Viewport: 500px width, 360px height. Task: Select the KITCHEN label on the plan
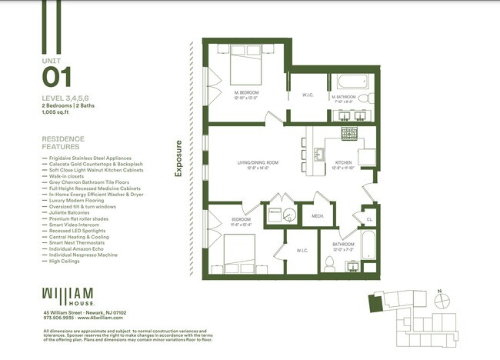pyautogui.click(x=343, y=163)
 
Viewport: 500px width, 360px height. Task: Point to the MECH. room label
pyautogui.click(x=316, y=216)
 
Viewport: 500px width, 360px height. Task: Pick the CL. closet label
pyautogui.click(x=369, y=219)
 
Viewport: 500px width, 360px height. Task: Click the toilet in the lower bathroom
pyautogui.click(x=329, y=264)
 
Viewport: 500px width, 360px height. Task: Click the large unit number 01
pyautogui.click(x=57, y=78)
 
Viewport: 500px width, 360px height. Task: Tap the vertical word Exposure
pyautogui.click(x=178, y=158)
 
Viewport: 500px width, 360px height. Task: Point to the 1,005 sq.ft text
pyautogui.click(x=57, y=112)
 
